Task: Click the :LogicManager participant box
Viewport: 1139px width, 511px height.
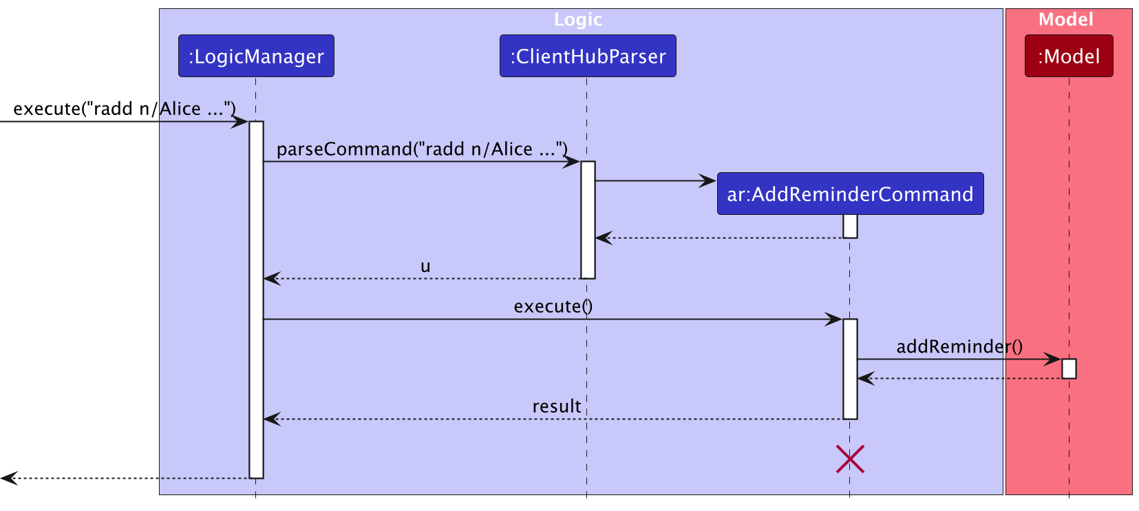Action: [256, 56]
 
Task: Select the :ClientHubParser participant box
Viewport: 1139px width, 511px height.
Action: [588, 56]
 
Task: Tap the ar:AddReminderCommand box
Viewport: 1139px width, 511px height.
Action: [850, 194]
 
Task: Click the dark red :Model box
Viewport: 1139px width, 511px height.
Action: [1068, 56]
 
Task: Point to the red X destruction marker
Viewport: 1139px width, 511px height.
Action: [850, 459]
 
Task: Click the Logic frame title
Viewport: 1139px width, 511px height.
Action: [578, 19]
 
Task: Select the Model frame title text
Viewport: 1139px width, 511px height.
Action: [1065, 19]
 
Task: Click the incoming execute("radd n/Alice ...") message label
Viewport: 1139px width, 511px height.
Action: [125, 109]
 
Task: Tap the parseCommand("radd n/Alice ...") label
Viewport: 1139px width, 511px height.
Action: [422, 149]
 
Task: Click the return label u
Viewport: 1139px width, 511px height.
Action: [425, 267]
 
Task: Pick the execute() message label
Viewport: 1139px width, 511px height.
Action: [553, 306]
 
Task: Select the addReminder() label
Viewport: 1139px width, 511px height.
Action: [959, 346]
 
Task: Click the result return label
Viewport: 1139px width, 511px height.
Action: [556, 406]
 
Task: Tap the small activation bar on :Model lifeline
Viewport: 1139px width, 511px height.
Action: [1069, 368]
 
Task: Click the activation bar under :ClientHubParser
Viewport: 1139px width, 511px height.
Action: [588, 220]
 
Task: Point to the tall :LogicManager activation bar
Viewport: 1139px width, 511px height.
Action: [256, 300]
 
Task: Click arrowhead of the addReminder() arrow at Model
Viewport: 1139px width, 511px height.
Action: [1053, 359]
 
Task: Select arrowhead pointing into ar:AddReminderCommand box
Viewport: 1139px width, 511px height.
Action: [708, 181]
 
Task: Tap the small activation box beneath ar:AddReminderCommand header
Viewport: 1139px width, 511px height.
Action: [850, 226]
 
